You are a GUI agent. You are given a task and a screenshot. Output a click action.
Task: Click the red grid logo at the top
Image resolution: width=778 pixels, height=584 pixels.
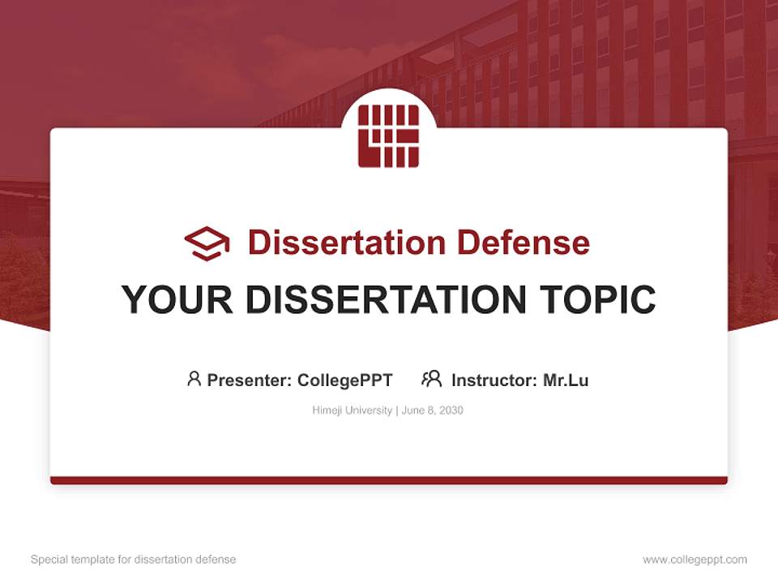click(388, 135)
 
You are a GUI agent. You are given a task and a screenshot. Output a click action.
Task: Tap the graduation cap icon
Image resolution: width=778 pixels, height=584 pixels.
click(207, 243)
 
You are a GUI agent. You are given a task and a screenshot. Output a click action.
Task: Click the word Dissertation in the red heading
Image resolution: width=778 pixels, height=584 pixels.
click(347, 243)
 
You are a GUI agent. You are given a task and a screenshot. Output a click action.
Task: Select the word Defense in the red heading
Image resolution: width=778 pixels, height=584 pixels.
click(524, 243)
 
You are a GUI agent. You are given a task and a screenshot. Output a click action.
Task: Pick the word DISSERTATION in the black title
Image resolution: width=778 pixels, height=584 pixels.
click(386, 299)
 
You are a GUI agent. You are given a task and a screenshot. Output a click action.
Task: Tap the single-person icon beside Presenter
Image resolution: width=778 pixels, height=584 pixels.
click(194, 379)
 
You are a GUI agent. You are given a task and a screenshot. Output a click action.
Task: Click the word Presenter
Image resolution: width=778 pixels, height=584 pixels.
click(249, 380)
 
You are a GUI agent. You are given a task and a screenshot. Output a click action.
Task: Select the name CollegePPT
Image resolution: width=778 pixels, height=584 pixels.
click(345, 380)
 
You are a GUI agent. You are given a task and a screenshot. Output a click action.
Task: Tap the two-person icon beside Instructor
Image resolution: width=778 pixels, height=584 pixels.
click(432, 379)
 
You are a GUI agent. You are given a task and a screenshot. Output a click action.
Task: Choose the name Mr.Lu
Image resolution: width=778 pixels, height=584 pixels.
click(566, 380)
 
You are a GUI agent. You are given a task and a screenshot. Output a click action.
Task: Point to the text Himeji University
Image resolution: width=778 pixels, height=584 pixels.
click(353, 410)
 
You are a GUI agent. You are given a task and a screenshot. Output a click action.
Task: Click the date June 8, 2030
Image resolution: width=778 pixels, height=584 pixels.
click(432, 410)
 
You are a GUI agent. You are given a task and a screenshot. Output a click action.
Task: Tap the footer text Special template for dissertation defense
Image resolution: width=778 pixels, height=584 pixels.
click(134, 560)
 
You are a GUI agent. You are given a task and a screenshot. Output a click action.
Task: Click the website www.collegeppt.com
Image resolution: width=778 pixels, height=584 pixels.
click(695, 560)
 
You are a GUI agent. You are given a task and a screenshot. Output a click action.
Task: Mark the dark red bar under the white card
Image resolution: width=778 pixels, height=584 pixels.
click(389, 480)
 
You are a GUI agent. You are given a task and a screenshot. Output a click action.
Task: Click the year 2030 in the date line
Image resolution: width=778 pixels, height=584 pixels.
click(451, 410)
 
